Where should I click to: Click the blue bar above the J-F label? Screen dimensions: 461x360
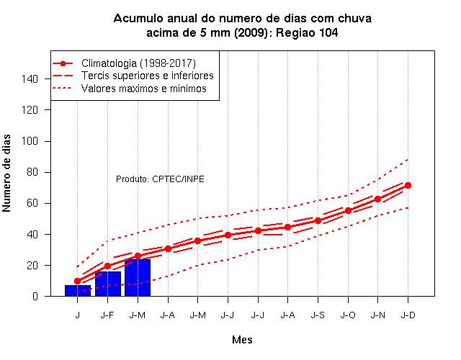tap(108, 284)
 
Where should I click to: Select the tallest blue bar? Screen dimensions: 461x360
tap(138, 278)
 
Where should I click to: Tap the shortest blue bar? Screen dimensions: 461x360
tap(78, 291)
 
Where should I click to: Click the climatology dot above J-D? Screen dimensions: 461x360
tap(408, 186)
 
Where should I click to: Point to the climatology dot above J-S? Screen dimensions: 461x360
tap(318, 221)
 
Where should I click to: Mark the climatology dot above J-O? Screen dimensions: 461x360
tap(348, 211)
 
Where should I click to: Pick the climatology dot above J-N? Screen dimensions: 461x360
tap(377, 199)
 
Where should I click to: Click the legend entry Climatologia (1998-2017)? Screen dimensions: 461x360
tap(138, 63)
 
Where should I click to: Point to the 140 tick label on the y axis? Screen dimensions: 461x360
tap(30, 78)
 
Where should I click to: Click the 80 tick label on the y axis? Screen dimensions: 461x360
tap(32, 172)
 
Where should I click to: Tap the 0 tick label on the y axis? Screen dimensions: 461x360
tap(35, 296)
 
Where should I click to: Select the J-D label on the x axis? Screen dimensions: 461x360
tap(408, 315)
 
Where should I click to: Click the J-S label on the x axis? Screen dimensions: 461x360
tap(318, 315)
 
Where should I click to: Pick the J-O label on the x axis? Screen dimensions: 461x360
tap(348, 315)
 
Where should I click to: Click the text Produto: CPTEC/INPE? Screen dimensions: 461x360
tap(160, 179)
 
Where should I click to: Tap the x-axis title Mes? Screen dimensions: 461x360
tap(242, 340)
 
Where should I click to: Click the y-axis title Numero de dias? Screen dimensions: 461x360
tap(6, 173)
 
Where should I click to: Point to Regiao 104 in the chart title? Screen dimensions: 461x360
tap(307, 32)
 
